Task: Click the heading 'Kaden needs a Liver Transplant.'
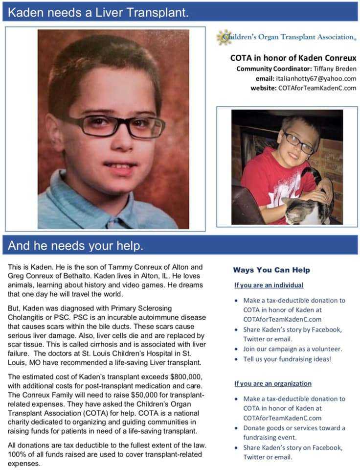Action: point(98,12)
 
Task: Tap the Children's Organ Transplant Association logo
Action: point(287,37)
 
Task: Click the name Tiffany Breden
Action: point(335,69)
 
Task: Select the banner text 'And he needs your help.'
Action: point(75,246)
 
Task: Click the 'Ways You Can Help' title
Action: point(271,270)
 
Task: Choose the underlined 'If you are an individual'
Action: point(269,285)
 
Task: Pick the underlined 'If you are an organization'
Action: point(272,383)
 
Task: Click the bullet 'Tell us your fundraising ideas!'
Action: point(287,359)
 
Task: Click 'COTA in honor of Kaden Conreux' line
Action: point(293,58)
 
